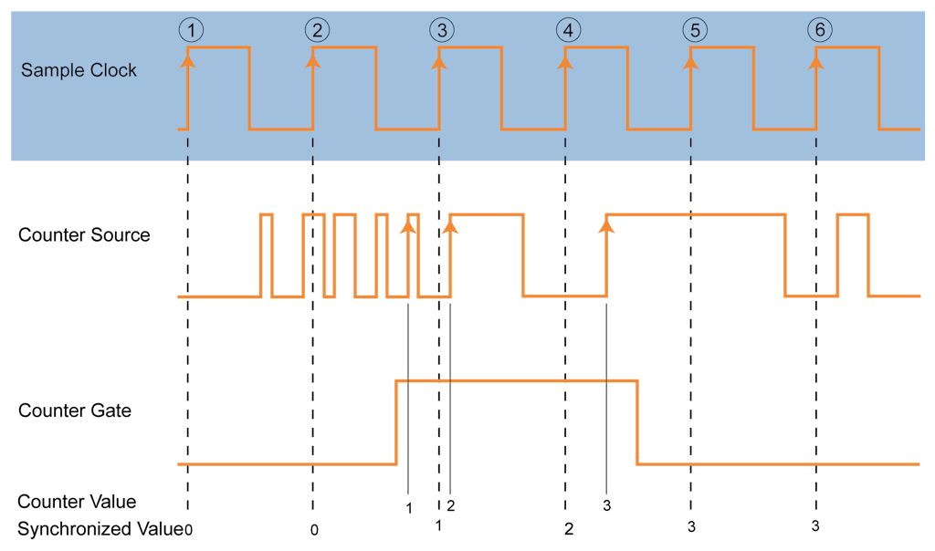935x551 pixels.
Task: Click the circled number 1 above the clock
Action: click(x=190, y=30)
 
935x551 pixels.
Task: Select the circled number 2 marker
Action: click(x=316, y=30)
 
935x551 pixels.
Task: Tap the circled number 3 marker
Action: click(x=442, y=30)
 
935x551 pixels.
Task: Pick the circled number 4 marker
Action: click(x=568, y=30)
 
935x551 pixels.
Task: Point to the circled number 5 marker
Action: click(x=694, y=30)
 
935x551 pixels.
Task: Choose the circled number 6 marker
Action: click(x=819, y=30)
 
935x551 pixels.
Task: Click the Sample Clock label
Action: click(x=79, y=70)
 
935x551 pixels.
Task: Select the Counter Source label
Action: click(x=84, y=235)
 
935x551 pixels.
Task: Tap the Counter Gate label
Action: click(x=75, y=411)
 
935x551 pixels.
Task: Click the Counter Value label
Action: click(x=77, y=502)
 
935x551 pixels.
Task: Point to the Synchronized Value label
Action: click(x=100, y=528)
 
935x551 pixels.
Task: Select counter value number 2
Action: click(x=450, y=505)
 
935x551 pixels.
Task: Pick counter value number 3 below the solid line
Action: click(x=606, y=504)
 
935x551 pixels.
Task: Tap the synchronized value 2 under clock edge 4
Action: click(x=568, y=528)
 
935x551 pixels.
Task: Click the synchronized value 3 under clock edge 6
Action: click(x=815, y=527)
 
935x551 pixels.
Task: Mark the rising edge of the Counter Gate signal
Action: click(x=396, y=422)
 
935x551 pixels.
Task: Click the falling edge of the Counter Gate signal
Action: click(x=637, y=422)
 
